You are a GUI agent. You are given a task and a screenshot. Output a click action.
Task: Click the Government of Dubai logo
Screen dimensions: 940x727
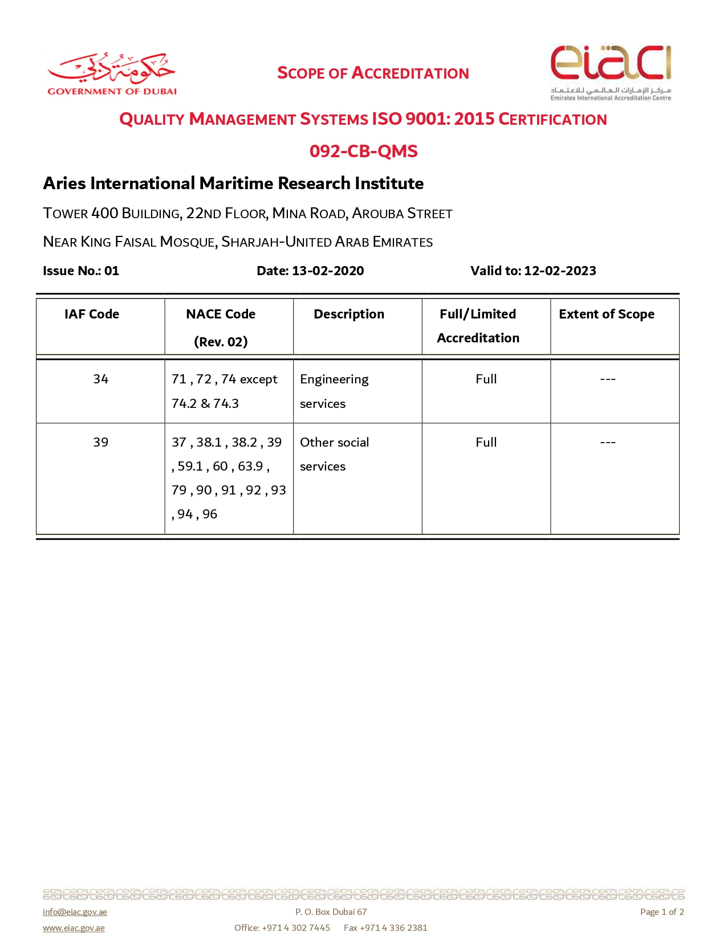[x=112, y=74]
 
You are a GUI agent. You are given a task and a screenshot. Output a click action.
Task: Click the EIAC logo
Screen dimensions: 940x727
[x=611, y=72]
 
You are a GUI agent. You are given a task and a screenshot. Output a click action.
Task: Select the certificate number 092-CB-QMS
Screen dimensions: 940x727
[x=363, y=151]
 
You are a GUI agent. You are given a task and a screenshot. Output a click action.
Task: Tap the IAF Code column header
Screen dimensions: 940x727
[x=92, y=314]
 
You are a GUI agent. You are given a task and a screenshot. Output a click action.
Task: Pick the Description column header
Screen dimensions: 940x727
[x=349, y=314]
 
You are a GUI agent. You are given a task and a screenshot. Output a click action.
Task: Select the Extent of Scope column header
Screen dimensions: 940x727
[x=606, y=314]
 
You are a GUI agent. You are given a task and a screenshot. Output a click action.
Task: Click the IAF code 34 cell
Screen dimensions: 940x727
[x=101, y=379]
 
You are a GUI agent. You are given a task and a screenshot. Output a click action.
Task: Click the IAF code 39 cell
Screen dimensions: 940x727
[x=101, y=442]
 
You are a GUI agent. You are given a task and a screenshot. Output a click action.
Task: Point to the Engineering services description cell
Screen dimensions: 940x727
[x=334, y=391]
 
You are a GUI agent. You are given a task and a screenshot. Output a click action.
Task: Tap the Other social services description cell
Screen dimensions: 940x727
[x=334, y=454]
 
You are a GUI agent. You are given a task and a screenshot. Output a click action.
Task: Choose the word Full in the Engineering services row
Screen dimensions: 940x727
[x=486, y=379]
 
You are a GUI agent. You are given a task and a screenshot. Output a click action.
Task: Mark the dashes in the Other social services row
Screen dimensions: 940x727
[x=608, y=442]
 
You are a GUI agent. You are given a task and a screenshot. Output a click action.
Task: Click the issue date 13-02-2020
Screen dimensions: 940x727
[x=328, y=271]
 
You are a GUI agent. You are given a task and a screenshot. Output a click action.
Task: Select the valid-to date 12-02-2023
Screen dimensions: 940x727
[x=560, y=271]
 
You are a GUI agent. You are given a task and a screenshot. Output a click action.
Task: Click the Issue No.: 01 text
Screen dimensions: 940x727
[x=81, y=271]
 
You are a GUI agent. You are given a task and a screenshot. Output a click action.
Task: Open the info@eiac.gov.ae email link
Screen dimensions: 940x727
[x=75, y=912]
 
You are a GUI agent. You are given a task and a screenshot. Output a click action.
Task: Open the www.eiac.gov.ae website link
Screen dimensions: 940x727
[x=74, y=927]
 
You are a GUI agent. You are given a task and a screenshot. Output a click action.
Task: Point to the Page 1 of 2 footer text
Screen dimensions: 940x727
[x=661, y=912]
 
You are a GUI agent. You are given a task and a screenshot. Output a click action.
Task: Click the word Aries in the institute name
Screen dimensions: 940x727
[x=64, y=183]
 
